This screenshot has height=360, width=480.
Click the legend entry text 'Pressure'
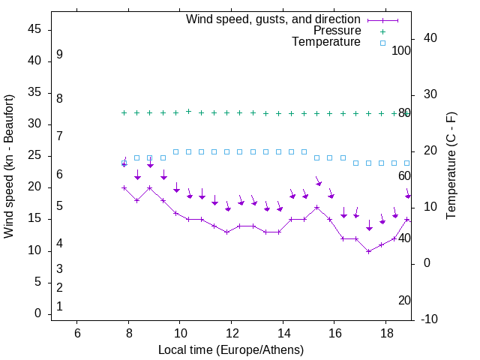click(x=337, y=31)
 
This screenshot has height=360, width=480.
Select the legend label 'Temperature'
click(x=326, y=42)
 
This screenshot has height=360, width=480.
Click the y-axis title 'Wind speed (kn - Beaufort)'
click(x=9, y=166)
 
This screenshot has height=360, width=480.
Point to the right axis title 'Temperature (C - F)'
click(x=451, y=166)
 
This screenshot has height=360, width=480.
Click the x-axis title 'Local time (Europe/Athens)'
click(x=231, y=350)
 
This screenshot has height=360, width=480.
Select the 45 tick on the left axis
click(x=34, y=29)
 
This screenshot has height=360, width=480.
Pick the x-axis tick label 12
click(x=231, y=333)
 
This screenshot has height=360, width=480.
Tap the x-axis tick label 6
click(x=77, y=333)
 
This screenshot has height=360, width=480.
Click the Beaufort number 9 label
click(x=59, y=55)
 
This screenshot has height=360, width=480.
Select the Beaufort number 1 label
click(x=59, y=306)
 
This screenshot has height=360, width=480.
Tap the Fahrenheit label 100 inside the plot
click(x=402, y=50)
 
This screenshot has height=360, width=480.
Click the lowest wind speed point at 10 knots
click(x=369, y=251)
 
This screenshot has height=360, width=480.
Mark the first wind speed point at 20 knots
click(x=124, y=187)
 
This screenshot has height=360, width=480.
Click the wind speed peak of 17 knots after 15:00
click(x=317, y=207)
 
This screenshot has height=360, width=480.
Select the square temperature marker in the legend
click(x=382, y=43)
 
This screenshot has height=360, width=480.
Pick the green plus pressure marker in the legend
click(x=382, y=31)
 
